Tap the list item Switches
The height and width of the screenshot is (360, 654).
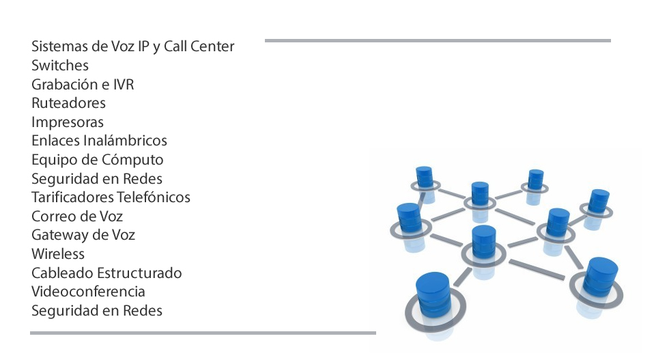(60, 66)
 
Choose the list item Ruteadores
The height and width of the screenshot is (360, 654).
(68, 103)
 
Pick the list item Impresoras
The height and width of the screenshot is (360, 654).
(68, 122)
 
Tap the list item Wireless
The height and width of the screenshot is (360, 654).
(58, 254)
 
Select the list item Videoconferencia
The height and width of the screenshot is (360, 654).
(88, 292)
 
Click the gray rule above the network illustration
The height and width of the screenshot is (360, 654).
(438, 40)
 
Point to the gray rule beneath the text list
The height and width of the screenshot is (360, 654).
(203, 333)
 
